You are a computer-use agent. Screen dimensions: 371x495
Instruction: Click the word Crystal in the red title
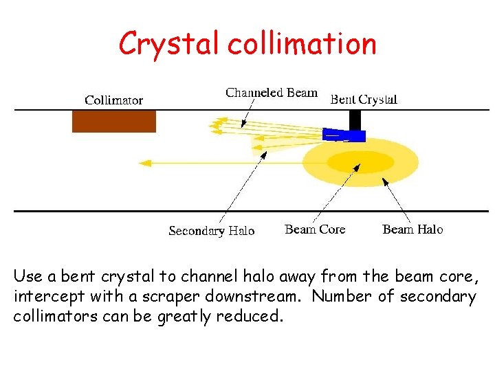(x=170, y=44)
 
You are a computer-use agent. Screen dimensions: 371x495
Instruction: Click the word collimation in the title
(x=302, y=44)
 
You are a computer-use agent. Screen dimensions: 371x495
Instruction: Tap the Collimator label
(x=113, y=100)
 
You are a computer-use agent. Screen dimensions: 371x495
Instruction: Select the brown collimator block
(x=114, y=122)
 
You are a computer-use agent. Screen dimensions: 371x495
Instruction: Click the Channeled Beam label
(x=272, y=93)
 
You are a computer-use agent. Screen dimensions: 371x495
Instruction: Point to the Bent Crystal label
(x=364, y=100)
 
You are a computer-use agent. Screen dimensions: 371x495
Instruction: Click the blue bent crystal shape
(x=344, y=135)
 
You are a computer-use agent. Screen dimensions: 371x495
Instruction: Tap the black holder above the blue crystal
(x=355, y=120)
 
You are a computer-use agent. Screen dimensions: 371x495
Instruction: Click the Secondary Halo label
(x=211, y=231)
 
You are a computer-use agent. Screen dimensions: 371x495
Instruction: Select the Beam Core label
(x=315, y=229)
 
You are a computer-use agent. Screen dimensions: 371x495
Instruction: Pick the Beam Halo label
(x=412, y=229)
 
